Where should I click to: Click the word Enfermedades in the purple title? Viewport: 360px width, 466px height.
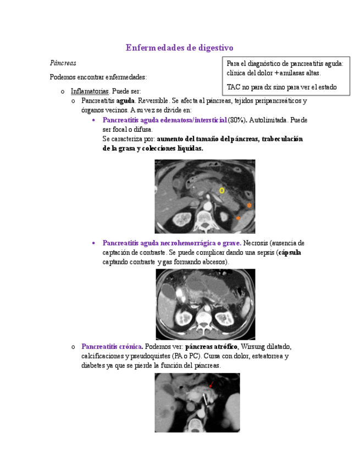click(x=153, y=48)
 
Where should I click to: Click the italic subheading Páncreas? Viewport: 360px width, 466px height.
click(x=63, y=63)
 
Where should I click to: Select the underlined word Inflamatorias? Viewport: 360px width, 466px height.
click(x=90, y=91)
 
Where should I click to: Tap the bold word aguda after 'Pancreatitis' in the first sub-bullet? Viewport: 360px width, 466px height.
click(x=126, y=101)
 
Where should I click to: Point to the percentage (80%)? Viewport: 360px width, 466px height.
click(x=237, y=120)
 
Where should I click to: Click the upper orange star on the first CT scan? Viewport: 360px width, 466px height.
click(x=249, y=205)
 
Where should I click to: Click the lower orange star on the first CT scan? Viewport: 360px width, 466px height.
click(x=238, y=218)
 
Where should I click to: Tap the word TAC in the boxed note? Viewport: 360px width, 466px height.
click(x=233, y=87)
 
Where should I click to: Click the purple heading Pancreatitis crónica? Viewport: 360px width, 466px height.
click(x=112, y=346)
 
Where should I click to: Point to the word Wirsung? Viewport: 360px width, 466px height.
click(x=253, y=346)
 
